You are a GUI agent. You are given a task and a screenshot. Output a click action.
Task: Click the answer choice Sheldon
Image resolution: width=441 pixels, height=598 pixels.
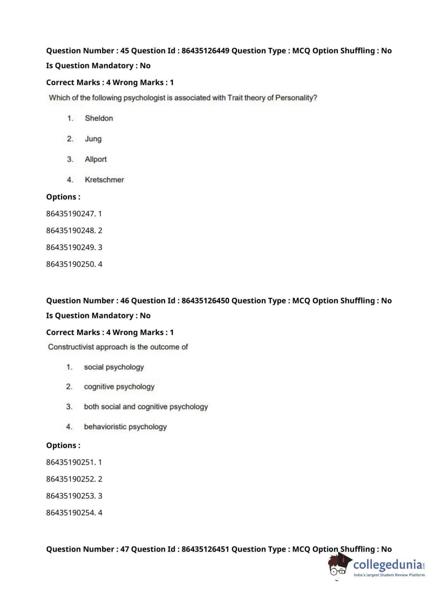[99, 118]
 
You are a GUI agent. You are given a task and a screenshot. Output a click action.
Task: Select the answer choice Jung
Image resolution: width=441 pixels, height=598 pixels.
[93, 139]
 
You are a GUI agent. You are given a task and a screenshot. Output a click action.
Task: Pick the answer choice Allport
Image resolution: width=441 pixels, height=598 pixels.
[96, 159]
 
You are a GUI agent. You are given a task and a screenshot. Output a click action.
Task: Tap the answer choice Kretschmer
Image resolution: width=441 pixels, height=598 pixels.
[104, 180]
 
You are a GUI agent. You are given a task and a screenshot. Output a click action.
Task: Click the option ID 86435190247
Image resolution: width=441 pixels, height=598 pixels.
[70, 214]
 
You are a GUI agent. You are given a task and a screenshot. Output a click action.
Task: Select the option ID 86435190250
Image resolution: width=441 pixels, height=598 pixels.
[70, 264]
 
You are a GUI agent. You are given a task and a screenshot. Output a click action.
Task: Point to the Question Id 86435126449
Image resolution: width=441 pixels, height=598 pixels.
[205, 51]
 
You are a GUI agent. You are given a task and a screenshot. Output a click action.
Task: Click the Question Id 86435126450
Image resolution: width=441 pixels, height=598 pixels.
[205, 301]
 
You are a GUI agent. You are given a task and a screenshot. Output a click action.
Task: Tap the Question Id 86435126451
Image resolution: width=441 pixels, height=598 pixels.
[205, 549]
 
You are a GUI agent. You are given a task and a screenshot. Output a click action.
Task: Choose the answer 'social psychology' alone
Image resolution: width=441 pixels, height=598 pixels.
[114, 367]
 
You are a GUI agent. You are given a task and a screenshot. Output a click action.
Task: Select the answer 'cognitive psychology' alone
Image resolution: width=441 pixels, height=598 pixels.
[119, 387]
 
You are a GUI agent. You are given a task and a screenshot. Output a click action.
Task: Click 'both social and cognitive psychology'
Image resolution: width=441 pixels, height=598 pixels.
[146, 407]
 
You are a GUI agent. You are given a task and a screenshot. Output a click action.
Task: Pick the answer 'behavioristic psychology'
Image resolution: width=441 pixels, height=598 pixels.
[125, 427]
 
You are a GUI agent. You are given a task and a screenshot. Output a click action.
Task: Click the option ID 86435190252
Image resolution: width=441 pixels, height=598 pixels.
[70, 479]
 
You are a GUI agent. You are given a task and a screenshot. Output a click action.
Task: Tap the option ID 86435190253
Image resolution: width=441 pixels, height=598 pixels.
[70, 496]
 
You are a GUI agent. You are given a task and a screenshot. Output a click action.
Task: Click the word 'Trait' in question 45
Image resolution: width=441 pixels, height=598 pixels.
[235, 98]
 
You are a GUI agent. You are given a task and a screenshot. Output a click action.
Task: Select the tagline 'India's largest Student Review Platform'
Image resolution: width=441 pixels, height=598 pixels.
[389, 575]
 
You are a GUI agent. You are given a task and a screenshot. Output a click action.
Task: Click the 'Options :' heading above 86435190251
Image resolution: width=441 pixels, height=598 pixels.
[63, 445]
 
